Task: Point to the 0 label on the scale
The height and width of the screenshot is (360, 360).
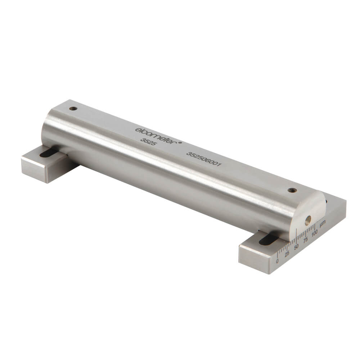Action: (277, 261)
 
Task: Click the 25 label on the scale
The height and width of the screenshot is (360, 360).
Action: (287, 254)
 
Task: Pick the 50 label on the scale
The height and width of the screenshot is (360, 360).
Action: (297, 247)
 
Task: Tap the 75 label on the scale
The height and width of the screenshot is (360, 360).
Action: (306, 240)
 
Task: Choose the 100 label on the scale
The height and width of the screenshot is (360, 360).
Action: (314, 234)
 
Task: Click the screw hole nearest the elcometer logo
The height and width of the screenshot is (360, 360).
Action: (74, 108)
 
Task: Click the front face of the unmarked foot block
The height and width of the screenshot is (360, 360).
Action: (35, 169)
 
